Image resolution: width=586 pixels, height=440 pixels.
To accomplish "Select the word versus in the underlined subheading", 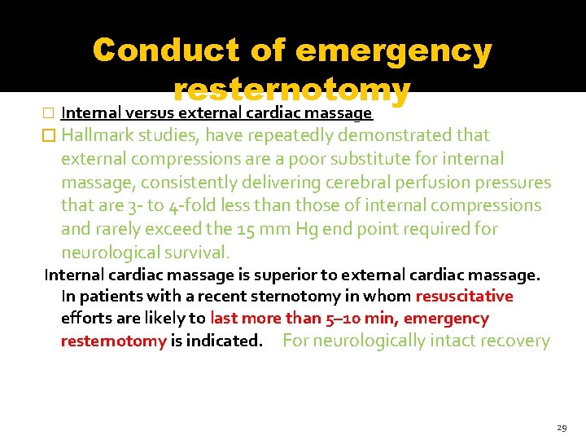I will (151, 113).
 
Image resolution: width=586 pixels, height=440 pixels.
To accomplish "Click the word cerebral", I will (353, 182).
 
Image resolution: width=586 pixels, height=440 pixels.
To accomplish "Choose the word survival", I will (195, 253).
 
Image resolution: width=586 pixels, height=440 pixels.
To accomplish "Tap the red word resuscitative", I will (465, 297).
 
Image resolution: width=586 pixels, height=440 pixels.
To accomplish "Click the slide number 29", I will (562, 427).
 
